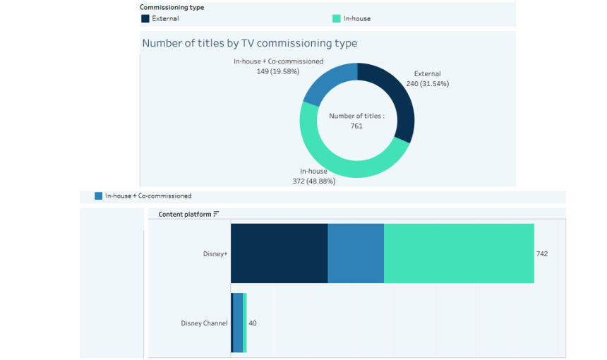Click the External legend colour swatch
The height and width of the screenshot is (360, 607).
pos(145,18)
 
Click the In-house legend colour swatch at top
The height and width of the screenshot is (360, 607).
pos(337,18)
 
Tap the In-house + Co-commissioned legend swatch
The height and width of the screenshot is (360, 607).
pos(99,196)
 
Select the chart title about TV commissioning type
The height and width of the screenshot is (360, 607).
pos(249,43)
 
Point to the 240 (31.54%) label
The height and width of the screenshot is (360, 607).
pos(427,83)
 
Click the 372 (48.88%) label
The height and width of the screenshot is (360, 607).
pos(313,181)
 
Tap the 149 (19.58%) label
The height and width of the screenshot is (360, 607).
pos(278,71)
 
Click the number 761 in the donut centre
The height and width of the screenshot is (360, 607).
pos(356,126)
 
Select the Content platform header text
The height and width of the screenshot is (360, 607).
pos(185,214)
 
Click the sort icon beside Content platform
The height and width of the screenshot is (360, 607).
pos(217,214)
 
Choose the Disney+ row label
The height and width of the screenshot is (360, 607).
pos(215,253)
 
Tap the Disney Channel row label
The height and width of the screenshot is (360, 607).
pos(204,323)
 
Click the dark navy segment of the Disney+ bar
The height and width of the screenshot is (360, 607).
pos(279,253)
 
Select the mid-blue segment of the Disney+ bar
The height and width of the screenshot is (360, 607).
pos(356,253)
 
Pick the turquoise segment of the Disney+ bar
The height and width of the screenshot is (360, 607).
pos(459,253)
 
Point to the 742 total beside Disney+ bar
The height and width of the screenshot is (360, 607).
pos(542,253)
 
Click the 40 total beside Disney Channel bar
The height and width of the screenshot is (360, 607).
pos(253,323)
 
